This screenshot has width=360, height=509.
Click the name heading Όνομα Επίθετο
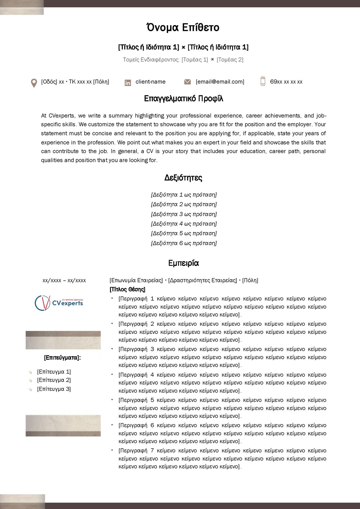click(x=183, y=27)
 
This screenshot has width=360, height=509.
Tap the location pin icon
click(x=34, y=83)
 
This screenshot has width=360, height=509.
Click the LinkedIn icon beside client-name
click(x=128, y=82)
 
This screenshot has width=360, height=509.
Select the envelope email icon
click(x=187, y=82)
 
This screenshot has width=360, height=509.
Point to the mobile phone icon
click(x=263, y=81)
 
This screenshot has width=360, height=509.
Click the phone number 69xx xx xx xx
click(x=286, y=82)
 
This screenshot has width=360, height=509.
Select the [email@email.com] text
click(x=220, y=82)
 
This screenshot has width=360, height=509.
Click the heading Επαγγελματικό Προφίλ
click(x=183, y=99)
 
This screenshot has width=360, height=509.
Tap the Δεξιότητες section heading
click(x=183, y=178)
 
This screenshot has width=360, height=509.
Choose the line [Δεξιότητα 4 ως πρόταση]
click(x=184, y=224)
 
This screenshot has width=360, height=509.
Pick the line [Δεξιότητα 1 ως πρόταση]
click(x=184, y=195)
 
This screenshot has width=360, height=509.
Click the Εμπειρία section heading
click(x=183, y=263)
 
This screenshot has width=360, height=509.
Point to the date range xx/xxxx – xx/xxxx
click(x=64, y=281)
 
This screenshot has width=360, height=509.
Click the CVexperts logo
click(x=59, y=303)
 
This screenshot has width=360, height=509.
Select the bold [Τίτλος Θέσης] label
click(x=127, y=289)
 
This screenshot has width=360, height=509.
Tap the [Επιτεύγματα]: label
click(x=62, y=358)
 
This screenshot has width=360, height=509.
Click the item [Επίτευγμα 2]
click(x=54, y=380)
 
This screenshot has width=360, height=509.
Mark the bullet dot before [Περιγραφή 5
click(x=112, y=399)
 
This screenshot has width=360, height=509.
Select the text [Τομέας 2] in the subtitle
click(x=230, y=60)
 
